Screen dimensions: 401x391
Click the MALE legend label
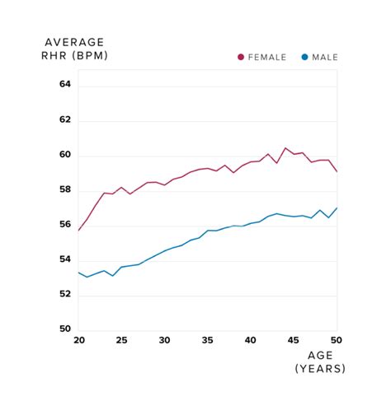pos(324,57)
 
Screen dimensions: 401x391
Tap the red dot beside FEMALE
pos(241,57)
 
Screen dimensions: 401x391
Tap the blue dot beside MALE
pos(304,57)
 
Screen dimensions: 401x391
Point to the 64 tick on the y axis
pos(65,85)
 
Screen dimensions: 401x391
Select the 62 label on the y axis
pos(65,120)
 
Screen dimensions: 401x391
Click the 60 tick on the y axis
pos(65,156)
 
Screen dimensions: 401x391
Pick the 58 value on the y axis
pos(65,190)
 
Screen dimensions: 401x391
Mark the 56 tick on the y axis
pos(65,226)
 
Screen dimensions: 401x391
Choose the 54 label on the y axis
pos(65,261)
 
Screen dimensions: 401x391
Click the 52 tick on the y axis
pos(65,296)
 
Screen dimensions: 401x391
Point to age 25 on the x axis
pos(121,341)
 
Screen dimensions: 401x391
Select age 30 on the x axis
pos(164,341)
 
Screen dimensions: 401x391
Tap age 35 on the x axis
pos(207,341)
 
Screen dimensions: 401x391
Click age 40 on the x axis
pos(251,341)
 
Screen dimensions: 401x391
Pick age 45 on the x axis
pos(294,341)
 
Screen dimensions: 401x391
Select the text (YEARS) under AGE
pos(320,369)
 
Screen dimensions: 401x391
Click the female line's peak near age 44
pos(285,148)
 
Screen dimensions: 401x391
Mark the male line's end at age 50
pos(337,207)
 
